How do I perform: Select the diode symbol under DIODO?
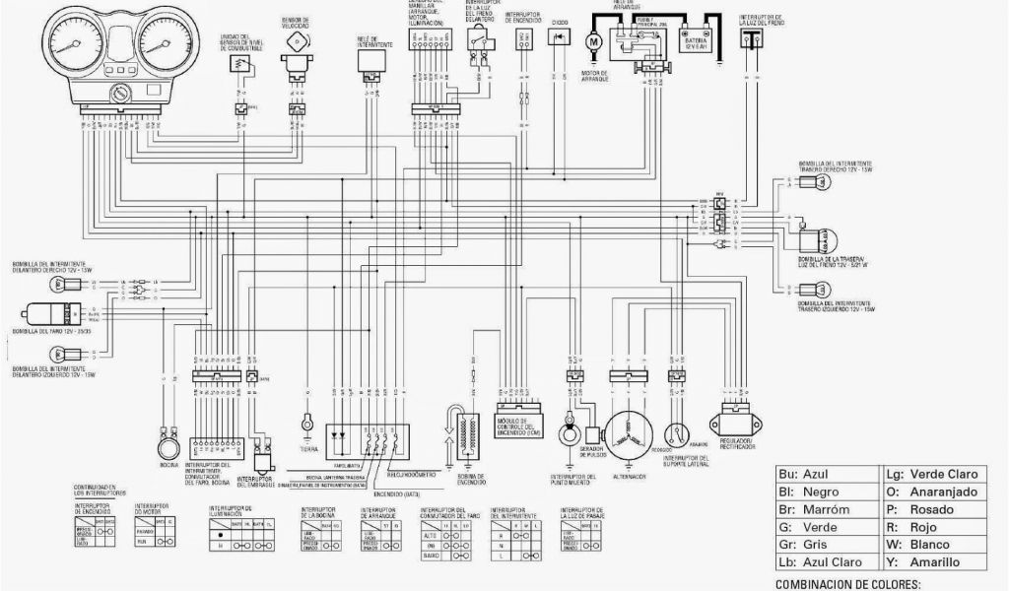(x=560, y=36)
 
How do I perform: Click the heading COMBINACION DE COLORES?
(x=848, y=584)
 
